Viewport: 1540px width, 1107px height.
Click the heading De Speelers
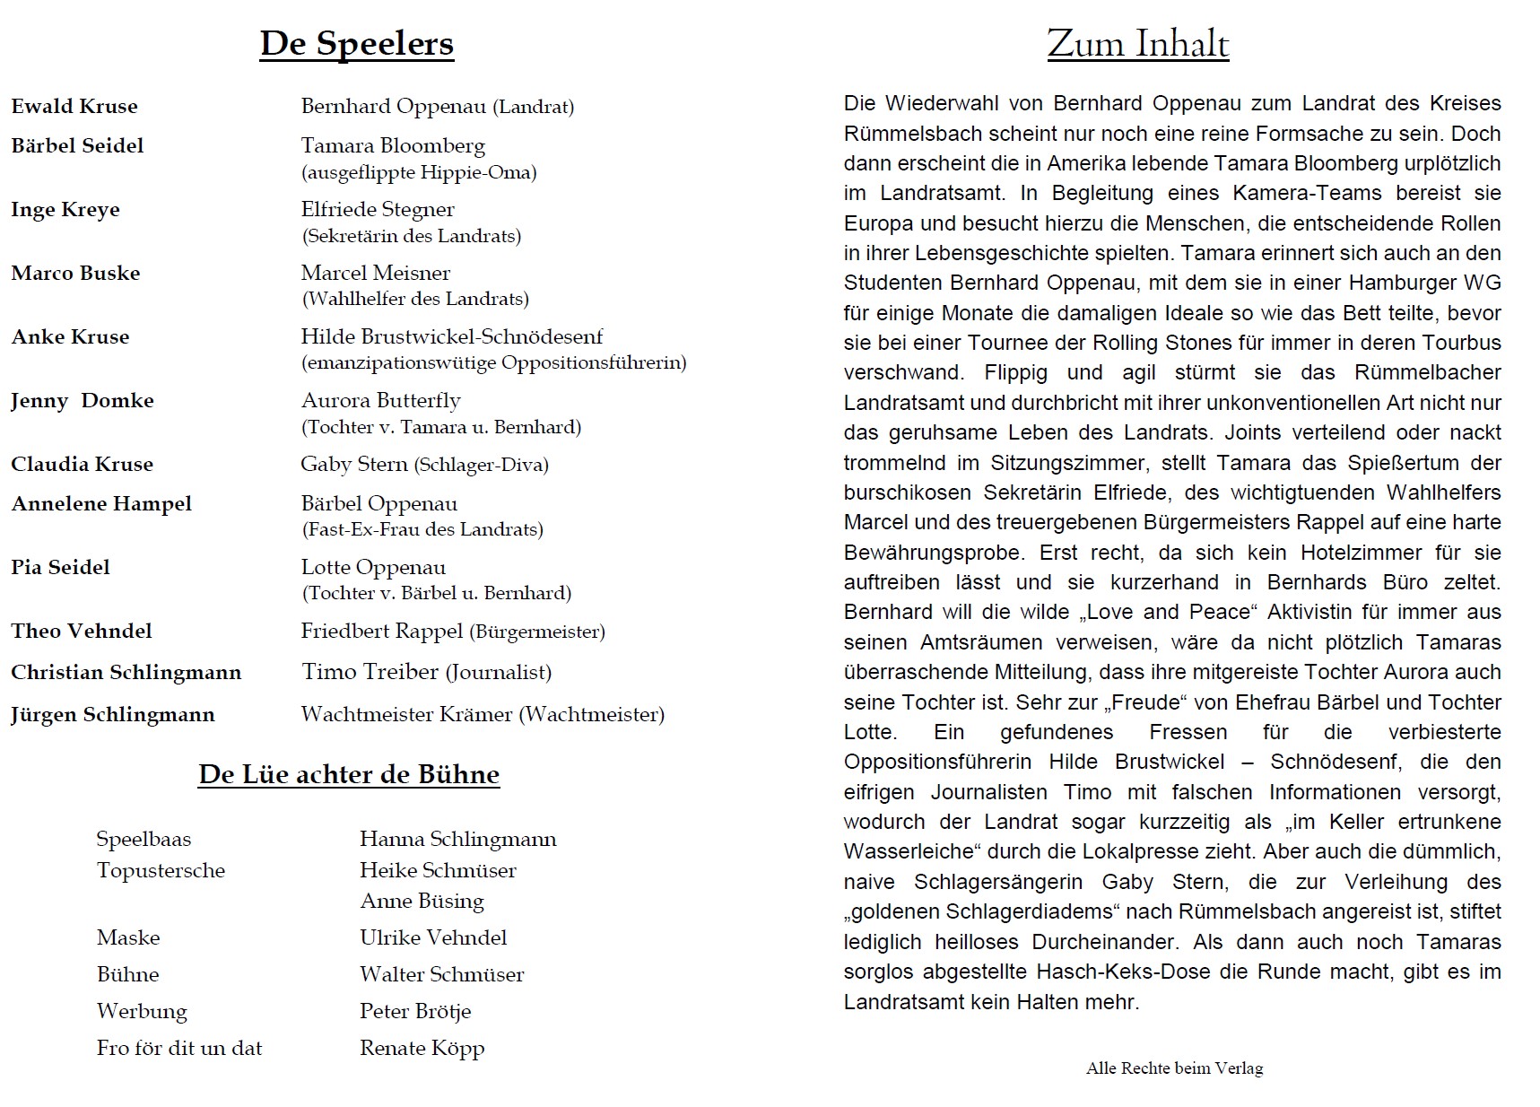[357, 44]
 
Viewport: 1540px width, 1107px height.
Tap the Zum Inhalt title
[1137, 44]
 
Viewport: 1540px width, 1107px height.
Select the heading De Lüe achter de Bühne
[349, 774]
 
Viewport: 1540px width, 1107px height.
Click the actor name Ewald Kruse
[74, 107]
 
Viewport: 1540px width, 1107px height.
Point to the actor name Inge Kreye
[65, 210]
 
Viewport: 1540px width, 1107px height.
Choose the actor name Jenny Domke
[83, 401]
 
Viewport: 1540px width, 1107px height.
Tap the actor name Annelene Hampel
[101, 504]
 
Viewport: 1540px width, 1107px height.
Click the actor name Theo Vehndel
[82, 632]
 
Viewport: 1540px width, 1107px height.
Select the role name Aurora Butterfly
[380, 401]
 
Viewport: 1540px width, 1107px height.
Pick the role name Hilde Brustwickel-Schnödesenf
[451, 337]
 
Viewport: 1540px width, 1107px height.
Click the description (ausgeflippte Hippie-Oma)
[419, 172]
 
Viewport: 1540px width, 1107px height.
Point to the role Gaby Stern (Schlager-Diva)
[424, 465]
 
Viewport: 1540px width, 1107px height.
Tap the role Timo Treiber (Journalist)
[426, 673]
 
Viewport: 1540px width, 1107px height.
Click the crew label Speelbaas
[144, 840]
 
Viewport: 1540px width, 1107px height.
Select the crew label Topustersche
[161, 871]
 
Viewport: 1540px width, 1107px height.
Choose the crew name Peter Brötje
[415, 1012]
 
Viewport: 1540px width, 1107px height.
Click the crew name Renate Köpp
[422, 1049]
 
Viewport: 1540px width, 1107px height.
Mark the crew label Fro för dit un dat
[179, 1049]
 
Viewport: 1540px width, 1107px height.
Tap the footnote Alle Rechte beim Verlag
[1174, 1068]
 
